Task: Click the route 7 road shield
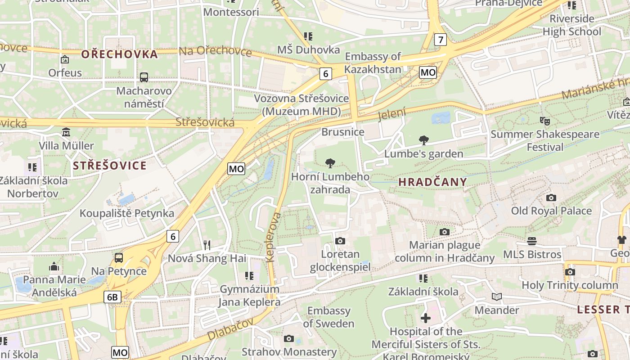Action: (x=441, y=40)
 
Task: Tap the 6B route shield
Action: (x=112, y=297)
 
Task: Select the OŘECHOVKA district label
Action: (x=120, y=54)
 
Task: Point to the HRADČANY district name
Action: (x=432, y=182)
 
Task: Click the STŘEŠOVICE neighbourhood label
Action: (x=110, y=166)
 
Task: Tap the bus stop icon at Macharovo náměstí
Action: (x=144, y=77)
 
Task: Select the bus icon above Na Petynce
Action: (x=119, y=258)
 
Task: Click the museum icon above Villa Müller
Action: (x=66, y=132)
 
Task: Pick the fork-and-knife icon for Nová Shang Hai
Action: (x=207, y=245)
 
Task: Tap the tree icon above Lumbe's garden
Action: (x=423, y=140)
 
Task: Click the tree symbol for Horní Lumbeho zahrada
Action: (x=330, y=163)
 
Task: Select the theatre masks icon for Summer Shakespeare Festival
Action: (x=545, y=121)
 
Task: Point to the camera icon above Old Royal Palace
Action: (x=551, y=198)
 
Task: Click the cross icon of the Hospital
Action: (x=425, y=318)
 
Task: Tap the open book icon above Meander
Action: (x=497, y=297)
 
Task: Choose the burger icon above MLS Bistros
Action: (x=532, y=241)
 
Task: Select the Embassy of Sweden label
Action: (x=328, y=317)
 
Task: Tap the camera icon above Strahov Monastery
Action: (x=289, y=338)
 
